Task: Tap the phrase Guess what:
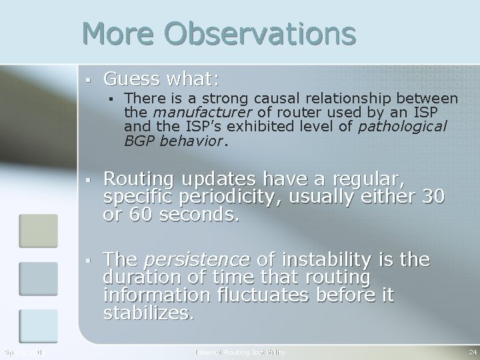[161, 79]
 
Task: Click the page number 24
[472, 351]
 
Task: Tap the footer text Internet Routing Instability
[239, 351]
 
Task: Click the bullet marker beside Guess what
[88, 80]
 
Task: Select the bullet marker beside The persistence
[88, 259]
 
